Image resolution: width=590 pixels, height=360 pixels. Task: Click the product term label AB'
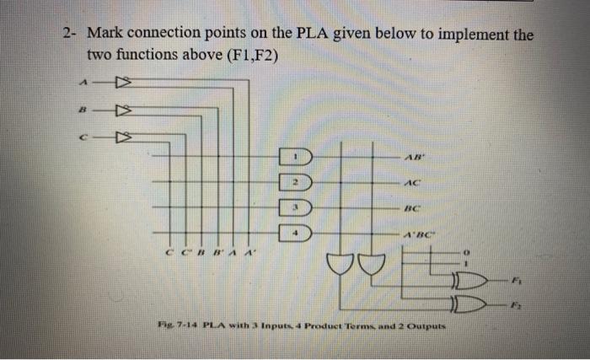click(x=413, y=157)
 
